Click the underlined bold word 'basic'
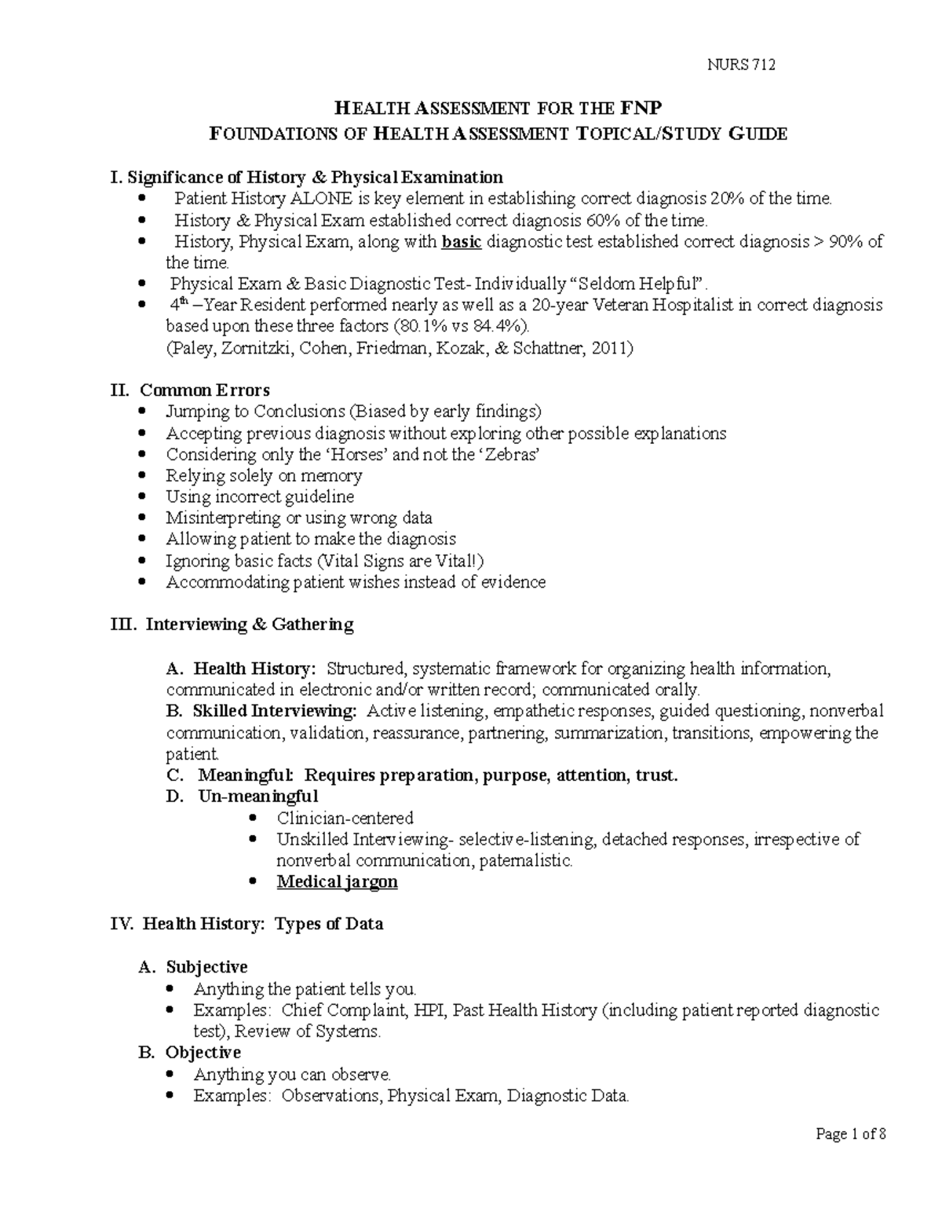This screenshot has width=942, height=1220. point(462,242)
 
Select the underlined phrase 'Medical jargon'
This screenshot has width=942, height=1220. point(337,882)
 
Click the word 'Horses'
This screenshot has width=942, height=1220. point(357,455)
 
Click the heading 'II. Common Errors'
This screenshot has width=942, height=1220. point(192,390)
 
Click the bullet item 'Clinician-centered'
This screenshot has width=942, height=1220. point(345,819)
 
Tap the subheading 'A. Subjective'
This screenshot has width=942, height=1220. point(193,967)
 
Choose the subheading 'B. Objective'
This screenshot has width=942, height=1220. point(189,1053)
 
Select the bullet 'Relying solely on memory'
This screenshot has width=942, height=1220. point(264,476)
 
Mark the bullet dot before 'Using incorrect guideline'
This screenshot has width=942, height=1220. point(141,497)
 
